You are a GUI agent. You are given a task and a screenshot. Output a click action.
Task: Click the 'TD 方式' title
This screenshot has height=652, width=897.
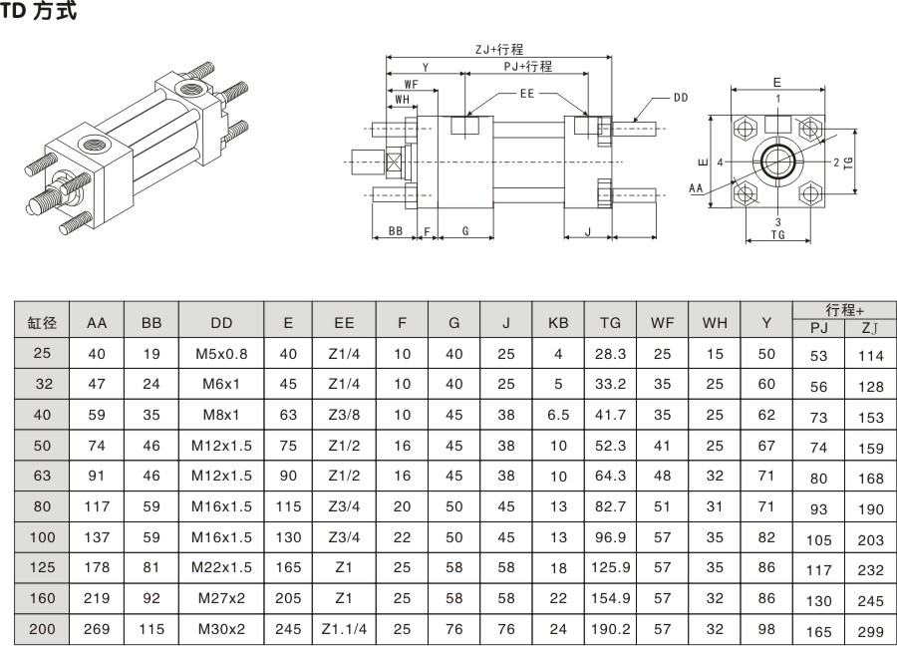40,12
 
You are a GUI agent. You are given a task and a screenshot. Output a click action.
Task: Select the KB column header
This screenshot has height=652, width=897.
558,323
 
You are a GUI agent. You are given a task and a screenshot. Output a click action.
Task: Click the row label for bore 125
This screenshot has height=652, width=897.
43,568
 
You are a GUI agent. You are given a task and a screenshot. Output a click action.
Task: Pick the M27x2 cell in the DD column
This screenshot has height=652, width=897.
221,598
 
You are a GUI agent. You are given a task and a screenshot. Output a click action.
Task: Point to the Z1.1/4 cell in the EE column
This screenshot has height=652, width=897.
344,629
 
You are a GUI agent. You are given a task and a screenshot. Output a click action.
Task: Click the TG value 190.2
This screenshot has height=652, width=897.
611,629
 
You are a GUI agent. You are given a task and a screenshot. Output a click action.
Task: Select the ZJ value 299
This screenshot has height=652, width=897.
870,631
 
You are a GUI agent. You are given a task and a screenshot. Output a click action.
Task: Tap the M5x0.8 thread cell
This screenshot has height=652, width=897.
221,354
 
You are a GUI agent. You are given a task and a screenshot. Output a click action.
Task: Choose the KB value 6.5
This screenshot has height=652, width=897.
558,415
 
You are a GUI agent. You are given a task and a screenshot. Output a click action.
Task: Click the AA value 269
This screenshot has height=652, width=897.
97,629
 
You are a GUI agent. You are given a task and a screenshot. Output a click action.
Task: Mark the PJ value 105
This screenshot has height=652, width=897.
818,540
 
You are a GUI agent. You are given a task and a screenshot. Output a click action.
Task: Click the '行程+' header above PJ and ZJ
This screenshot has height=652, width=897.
844,310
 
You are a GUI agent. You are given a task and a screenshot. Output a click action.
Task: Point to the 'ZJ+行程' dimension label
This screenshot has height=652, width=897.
499,49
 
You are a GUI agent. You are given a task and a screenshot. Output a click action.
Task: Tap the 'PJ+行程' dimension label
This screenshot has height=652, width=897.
527,67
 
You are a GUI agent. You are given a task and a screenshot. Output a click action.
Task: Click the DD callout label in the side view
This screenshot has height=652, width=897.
681,98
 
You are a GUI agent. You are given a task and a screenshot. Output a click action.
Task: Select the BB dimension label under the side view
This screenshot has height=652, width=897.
396,231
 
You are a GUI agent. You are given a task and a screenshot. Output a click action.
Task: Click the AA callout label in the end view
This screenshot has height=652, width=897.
697,186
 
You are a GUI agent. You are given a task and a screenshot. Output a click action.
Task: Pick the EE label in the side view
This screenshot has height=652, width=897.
527,93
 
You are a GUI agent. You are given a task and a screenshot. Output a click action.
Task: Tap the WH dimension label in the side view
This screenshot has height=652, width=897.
402,100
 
